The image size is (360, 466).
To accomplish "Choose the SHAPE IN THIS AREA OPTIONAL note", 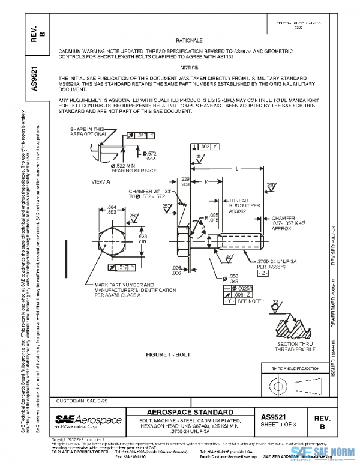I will (88, 132).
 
